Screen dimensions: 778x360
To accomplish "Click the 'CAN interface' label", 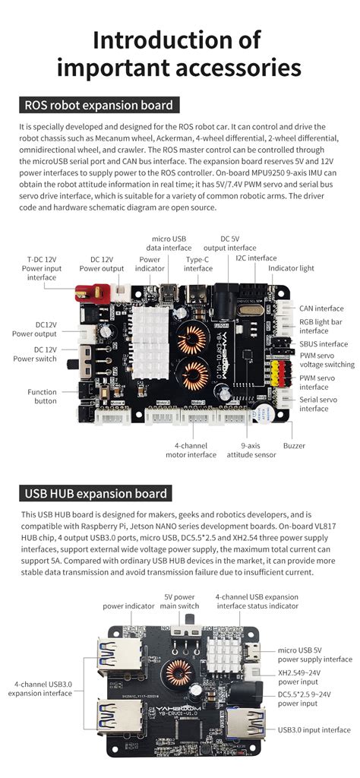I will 321,308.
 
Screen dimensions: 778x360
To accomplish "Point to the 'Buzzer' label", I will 294,445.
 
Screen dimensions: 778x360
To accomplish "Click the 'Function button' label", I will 43,397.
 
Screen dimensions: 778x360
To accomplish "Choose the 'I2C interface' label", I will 256,258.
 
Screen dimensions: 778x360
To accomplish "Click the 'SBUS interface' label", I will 324,343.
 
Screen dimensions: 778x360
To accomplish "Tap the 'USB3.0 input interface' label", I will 314,730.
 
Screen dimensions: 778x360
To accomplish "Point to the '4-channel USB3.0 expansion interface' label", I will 41,688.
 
